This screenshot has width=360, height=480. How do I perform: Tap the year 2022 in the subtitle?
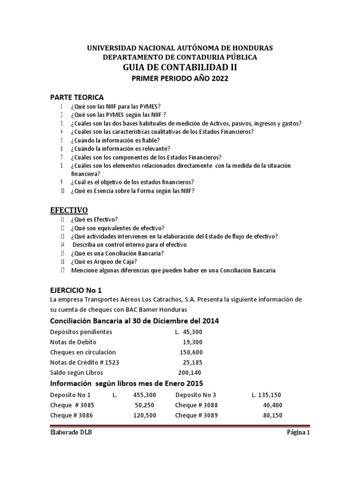218,79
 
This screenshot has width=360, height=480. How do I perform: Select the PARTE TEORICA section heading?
77,97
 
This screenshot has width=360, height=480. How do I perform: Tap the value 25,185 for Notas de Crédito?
193,362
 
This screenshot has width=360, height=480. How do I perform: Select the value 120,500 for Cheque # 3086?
145,415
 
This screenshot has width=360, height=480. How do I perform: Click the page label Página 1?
299,433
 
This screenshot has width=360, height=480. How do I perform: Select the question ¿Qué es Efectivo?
94,219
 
